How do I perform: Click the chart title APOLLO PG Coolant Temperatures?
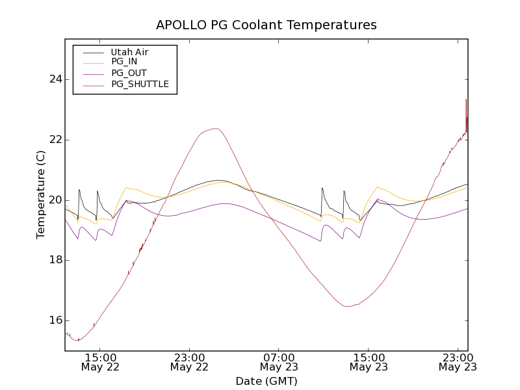(x=266, y=25)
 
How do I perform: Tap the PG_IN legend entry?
(x=124, y=62)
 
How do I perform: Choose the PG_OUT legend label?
(x=129, y=73)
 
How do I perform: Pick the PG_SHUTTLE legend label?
(x=140, y=84)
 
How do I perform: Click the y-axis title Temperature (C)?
(x=41, y=194)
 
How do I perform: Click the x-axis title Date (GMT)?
(x=266, y=381)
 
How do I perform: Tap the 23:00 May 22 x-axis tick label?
(x=189, y=362)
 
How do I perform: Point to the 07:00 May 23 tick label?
(x=279, y=362)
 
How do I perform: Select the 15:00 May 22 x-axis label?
(x=99, y=362)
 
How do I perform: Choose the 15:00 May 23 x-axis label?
(x=369, y=362)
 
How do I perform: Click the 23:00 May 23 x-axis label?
(x=458, y=362)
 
